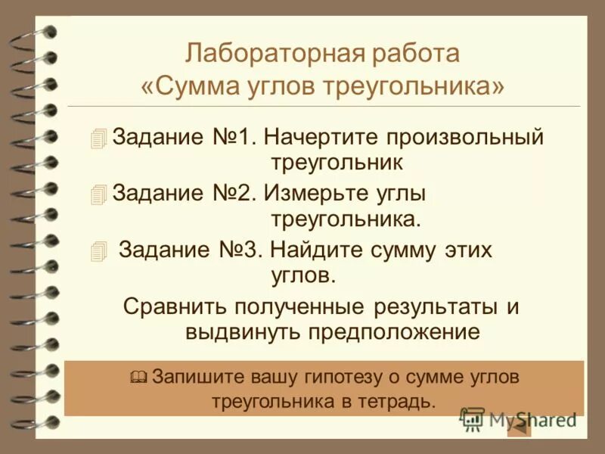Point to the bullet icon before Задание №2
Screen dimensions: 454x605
click(98, 194)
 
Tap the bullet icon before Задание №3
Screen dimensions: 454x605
click(98, 250)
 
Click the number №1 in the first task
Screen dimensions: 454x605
click(234, 138)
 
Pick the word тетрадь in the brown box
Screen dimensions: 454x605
click(405, 400)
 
